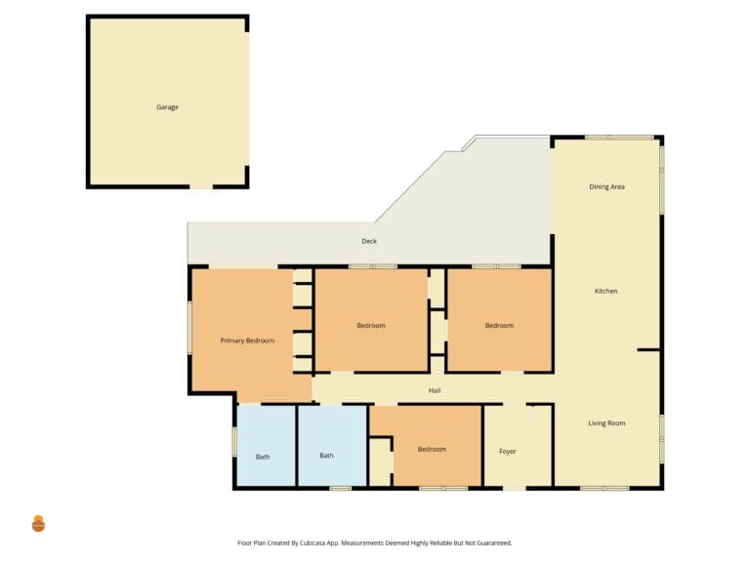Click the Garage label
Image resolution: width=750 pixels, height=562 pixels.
pos(167,107)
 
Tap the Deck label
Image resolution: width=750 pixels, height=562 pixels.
pos(369,241)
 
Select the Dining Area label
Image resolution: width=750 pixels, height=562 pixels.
pos(606,187)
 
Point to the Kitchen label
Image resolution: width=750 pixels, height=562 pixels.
pos(605,291)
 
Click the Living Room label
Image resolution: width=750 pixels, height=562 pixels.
pos(606,422)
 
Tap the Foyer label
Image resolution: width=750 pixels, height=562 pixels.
pos(508,451)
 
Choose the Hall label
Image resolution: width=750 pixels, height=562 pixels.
pos(435,390)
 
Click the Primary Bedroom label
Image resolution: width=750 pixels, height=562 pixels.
pos(247,341)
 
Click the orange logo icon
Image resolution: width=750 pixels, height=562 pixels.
pos(38,524)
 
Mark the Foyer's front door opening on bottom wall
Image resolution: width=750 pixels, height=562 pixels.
pos(515,488)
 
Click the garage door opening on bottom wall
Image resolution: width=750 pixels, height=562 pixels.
pos(201,186)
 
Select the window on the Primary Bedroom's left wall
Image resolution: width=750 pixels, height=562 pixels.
pos(189,328)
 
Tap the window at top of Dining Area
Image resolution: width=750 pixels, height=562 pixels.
pos(619,138)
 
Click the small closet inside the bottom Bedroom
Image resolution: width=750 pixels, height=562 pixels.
pos(381,462)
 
